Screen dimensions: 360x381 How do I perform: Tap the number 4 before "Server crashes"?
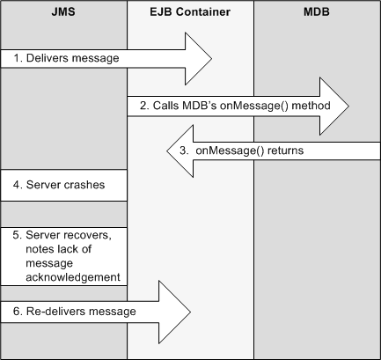[x=17, y=186]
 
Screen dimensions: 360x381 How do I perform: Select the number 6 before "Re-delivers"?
[x=17, y=312]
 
